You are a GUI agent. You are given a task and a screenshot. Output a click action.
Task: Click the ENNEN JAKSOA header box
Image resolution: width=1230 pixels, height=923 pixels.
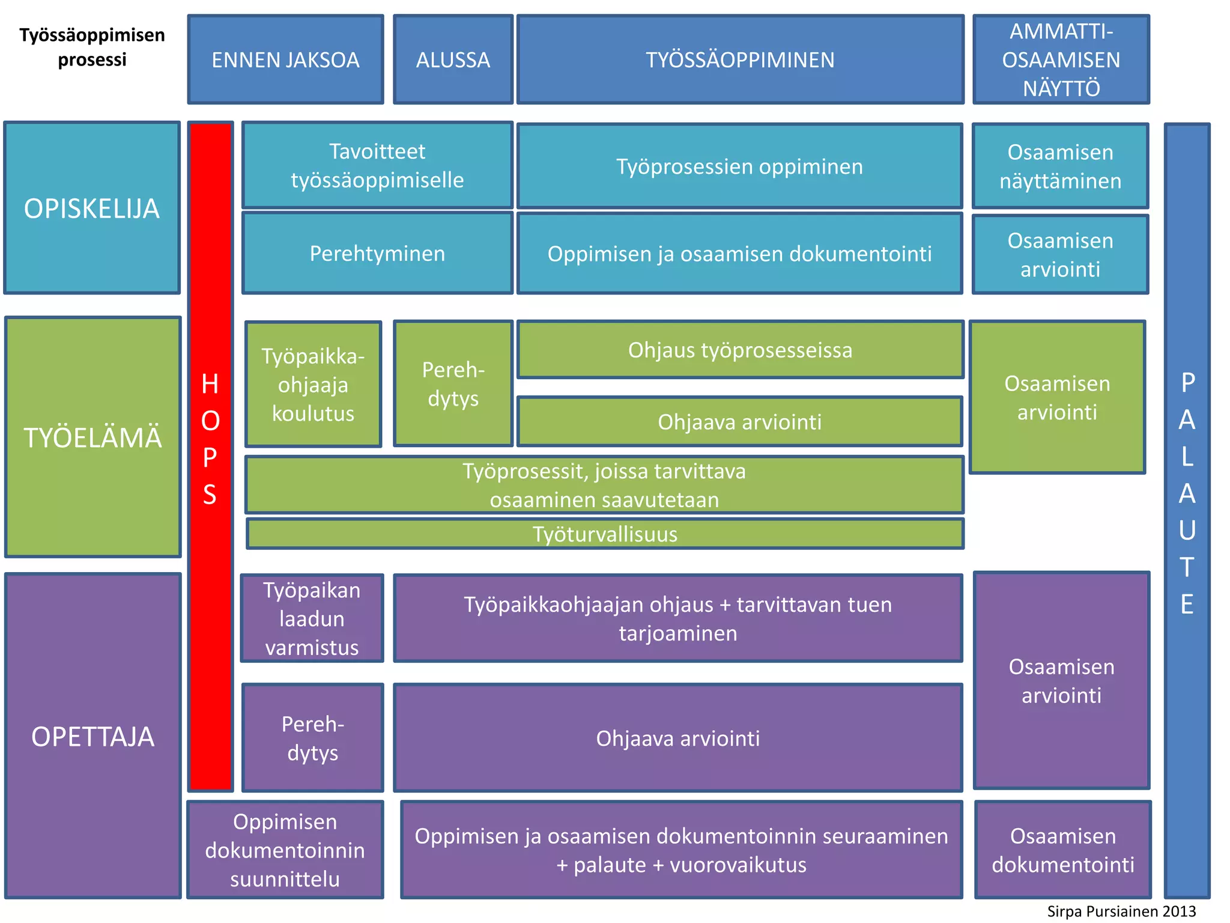(x=285, y=59)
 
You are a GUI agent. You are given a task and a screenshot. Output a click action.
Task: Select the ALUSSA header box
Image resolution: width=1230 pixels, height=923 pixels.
(x=453, y=59)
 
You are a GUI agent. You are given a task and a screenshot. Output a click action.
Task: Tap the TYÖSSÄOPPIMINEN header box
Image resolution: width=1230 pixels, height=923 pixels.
(x=740, y=59)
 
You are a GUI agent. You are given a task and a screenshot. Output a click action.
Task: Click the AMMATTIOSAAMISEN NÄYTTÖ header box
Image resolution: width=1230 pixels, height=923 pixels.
(x=1061, y=59)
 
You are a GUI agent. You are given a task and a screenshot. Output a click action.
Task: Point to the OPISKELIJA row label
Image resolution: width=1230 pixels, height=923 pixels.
(x=92, y=208)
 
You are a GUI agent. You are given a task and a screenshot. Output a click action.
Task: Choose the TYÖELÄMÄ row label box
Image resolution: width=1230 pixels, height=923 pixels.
(x=92, y=437)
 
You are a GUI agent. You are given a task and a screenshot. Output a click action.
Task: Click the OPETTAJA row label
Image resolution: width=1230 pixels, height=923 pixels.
(x=92, y=736)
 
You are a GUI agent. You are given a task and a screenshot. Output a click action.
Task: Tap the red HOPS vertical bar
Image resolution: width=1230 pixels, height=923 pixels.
(x=210, y=457)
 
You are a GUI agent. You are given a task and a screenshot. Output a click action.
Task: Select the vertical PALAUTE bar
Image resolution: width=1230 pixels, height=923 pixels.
(x=1187, y=511)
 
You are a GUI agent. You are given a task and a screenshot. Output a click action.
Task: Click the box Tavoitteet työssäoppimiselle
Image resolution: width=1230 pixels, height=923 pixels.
(x=377, y=165)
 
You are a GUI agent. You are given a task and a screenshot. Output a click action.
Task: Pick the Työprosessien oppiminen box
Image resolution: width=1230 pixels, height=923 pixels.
(x=739, y=166)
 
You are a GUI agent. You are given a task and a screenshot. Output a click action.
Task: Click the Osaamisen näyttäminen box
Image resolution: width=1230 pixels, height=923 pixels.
(x=1060, y=166)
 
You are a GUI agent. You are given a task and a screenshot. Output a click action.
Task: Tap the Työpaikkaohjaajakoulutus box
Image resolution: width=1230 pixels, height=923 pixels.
(x=313, y=385)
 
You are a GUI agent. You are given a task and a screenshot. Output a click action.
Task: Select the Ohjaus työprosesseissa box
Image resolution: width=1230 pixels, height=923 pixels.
(x=740, y=350)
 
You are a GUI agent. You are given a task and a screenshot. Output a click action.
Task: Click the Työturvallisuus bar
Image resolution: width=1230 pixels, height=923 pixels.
(x=605, y=534)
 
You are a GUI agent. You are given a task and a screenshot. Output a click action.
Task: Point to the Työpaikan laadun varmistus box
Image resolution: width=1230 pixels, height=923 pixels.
(x=312, y=618)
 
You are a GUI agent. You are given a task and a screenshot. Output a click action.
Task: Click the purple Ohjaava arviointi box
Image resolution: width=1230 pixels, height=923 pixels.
(x=677, y=738)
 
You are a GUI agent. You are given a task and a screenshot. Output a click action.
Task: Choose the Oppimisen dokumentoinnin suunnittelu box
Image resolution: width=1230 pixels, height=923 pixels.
(x=285, y=850)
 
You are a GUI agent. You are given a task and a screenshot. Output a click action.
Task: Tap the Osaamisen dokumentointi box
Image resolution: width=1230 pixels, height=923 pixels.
(x=1062, y=850)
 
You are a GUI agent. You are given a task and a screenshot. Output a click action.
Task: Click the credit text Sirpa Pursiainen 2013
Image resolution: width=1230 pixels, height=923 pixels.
(x=1121, y=911)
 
